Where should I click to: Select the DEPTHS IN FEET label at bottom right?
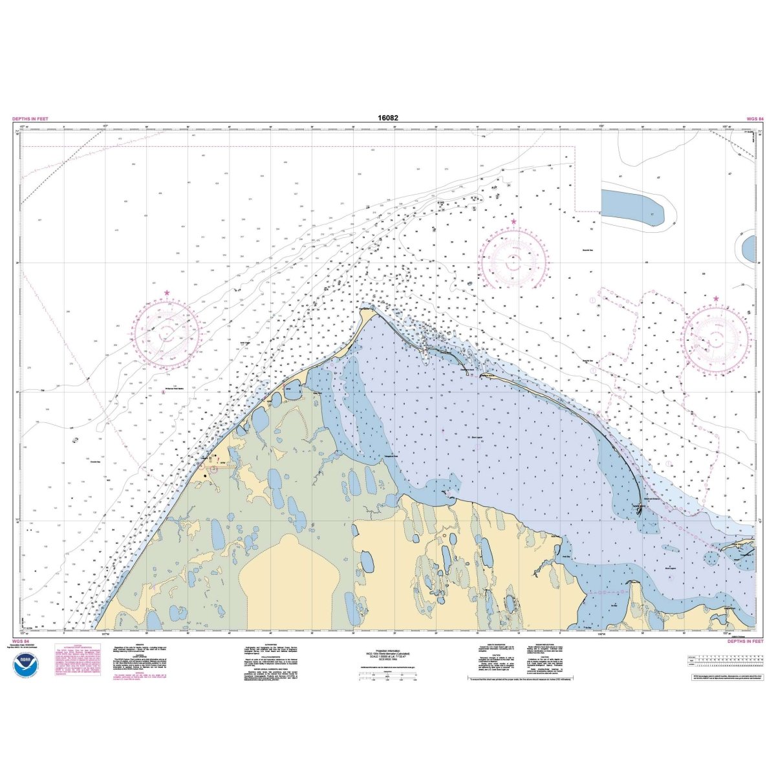(x=745, y=641)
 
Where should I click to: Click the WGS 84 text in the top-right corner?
(x=755, y=119)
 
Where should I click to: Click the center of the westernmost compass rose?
(x=167, y=334)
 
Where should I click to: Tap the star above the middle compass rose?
(x=513, y=222)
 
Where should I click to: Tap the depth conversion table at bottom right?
(x=722, y=660)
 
